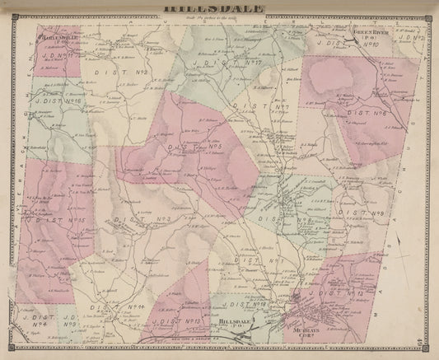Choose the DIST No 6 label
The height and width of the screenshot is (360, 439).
tap(371, 116)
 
